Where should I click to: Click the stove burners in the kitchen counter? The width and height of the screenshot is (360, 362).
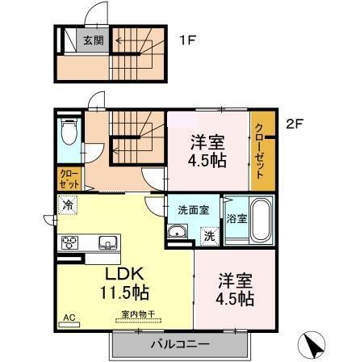69,242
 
